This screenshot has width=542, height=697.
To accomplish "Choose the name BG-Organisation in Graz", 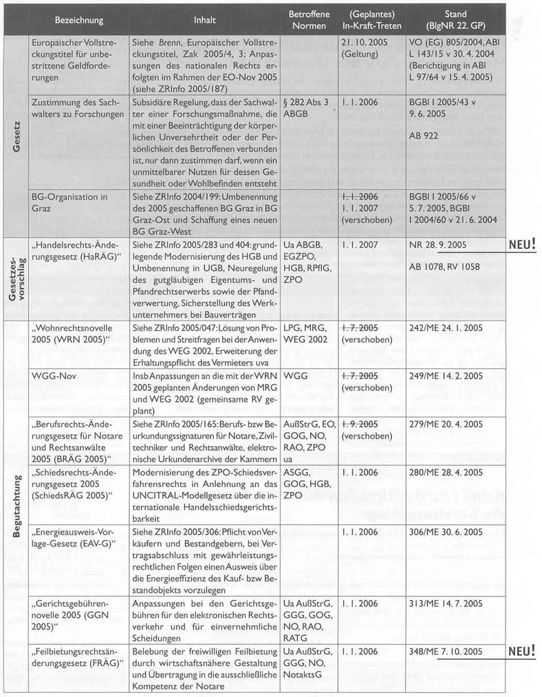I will pyautogui.click(x=71, y=202).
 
